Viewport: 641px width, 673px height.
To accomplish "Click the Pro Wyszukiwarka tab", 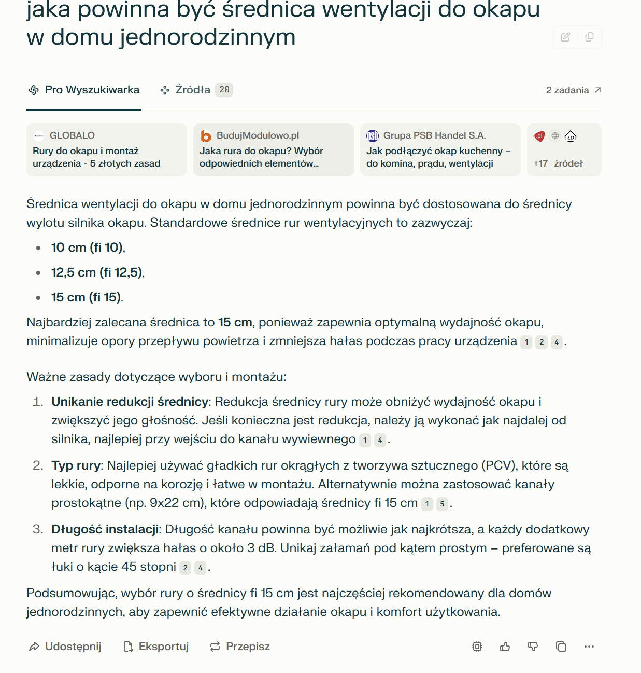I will (x=84, y=90).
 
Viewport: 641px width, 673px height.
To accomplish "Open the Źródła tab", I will (x=186, y=90).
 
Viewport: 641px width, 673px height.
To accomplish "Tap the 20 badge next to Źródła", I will (x=224, y=90).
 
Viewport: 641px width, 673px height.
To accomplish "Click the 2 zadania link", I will (x=573, y=90).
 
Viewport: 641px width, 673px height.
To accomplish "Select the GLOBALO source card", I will (x=106, y=150).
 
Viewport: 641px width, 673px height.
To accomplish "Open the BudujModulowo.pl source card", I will (x=273, y=150).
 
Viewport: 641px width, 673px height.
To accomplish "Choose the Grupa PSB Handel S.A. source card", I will (x=440, y=150).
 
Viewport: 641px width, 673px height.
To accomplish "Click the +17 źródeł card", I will (x=564, y=150).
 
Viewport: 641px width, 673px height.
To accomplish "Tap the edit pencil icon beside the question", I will (x=565, y=37).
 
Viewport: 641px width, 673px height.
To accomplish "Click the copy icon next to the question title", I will (x=589, y=37).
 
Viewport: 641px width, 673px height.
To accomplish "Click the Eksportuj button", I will (x=156, y=647).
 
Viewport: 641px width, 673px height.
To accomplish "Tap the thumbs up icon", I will (x=505, y=647).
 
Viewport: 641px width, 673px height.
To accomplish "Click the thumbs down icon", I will (x=533, y=647).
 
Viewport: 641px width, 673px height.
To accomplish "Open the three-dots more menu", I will (x=589, y=647).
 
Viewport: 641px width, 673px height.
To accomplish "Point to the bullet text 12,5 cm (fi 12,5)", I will (x=97, y=272).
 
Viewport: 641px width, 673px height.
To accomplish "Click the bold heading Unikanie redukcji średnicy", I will (x=130, y=402).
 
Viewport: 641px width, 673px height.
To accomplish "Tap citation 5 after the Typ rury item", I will (x=442, y=504).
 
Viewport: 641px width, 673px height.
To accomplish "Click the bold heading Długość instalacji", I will (x=105, y=529).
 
